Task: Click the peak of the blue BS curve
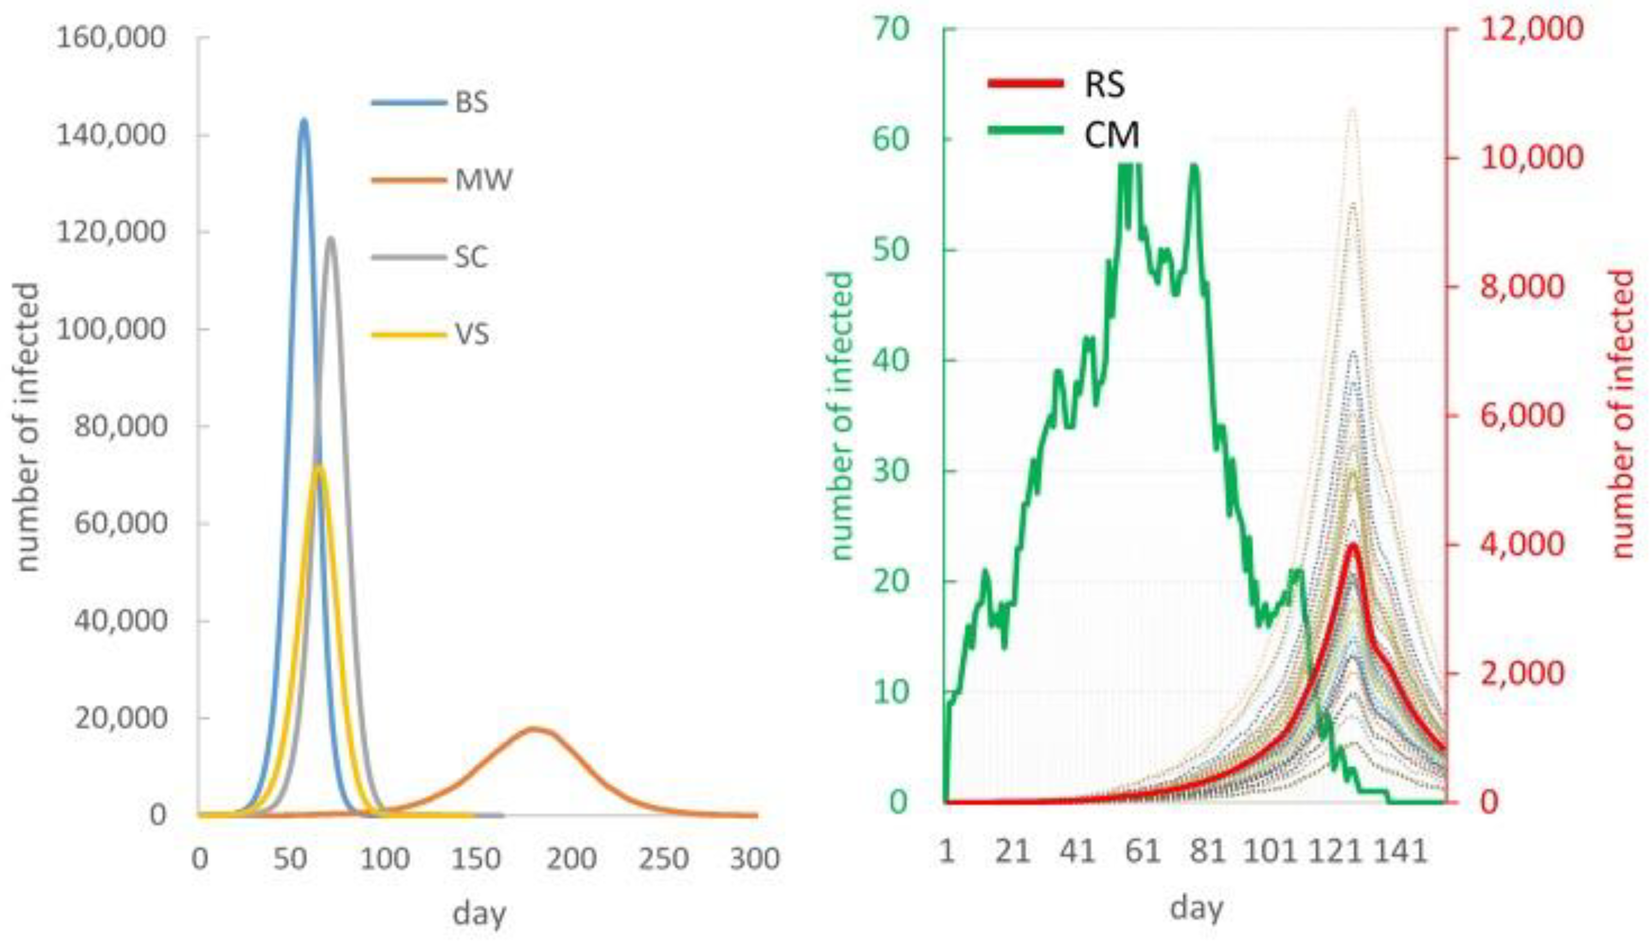303,120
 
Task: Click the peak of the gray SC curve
331,238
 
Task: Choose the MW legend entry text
483,180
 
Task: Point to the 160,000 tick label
111,37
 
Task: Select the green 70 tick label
891,29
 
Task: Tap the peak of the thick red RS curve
1352,544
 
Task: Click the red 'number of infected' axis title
1623,414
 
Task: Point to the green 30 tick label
891,470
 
